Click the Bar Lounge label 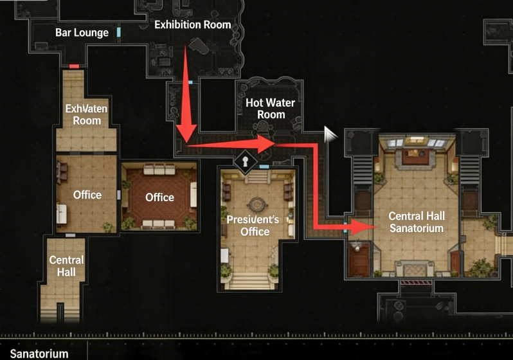82,33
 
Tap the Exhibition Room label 192,25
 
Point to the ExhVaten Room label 87,114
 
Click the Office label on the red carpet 159,197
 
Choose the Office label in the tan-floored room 87,195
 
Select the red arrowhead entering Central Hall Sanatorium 367,226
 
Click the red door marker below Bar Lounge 74,66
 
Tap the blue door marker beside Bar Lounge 119,32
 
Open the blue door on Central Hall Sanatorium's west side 346,227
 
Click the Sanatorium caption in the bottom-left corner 39,354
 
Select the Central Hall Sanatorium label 416,222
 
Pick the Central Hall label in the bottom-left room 66,266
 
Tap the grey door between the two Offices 120,195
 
